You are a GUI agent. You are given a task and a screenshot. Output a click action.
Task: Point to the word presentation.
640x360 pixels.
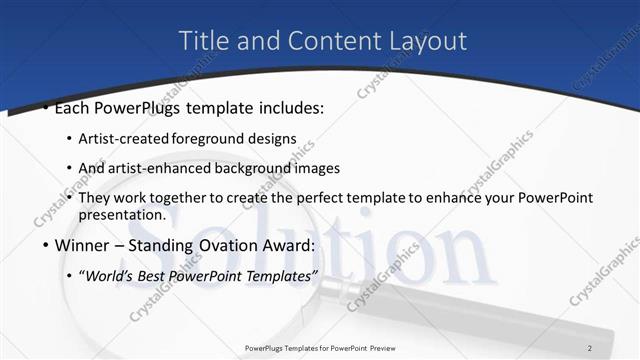pyautogui.click(x=121, y=214)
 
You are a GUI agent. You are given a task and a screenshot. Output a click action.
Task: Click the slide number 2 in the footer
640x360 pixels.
pyautogui.click(x=590, y=347)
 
